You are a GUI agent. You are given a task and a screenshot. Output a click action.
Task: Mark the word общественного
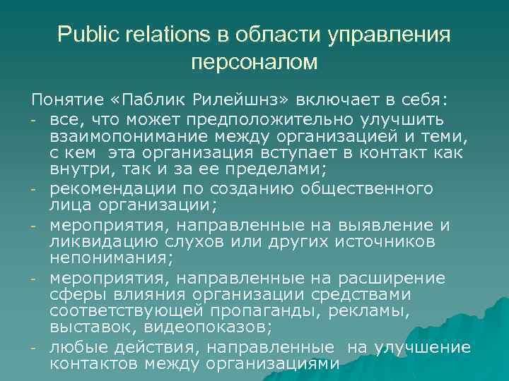click(x=367, y=189)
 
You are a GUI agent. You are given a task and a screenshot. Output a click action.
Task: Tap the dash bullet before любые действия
click(x=34, y=348)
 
